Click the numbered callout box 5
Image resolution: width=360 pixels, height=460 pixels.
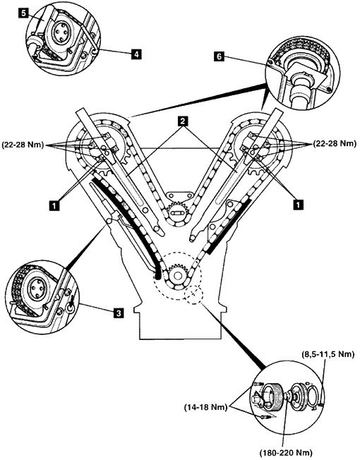[24, 13]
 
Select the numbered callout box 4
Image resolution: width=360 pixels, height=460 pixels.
[136, 54]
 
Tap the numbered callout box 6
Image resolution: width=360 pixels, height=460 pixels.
[219, 56]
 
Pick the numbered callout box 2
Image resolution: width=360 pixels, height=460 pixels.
[183, 121]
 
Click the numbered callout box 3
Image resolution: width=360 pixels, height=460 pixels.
[119, 313]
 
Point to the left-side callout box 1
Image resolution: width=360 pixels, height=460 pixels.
[54, 205]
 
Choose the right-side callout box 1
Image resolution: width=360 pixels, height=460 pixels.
[299, 205]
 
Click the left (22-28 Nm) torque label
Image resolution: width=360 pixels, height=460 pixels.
[23, 145]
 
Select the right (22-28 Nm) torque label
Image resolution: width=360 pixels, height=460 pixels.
[335, 144]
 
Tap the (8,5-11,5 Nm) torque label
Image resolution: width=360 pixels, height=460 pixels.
[328, 354]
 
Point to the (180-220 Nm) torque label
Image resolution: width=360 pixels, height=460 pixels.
[286, 452]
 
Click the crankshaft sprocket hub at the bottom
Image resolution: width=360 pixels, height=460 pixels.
[177, 275]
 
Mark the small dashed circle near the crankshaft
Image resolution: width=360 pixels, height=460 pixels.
[193, 294]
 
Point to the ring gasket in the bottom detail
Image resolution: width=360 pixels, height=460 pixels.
[313, 396]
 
